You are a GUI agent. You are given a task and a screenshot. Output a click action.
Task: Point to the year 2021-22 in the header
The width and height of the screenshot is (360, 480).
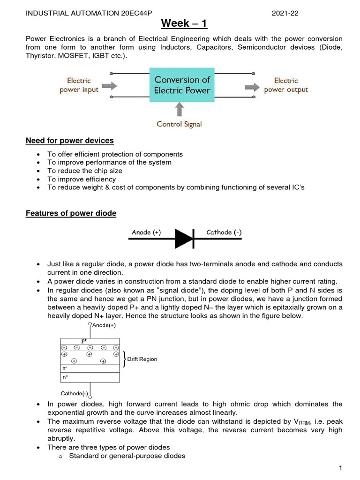point(285,14)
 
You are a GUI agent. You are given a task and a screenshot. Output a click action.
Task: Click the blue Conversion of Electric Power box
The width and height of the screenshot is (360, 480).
point(182,85)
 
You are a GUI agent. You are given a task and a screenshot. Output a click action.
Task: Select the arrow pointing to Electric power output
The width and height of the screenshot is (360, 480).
point(253,86)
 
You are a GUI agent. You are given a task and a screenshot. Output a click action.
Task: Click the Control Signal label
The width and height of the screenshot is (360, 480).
point(179,124)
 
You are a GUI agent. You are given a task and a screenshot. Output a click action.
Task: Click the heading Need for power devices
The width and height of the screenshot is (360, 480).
point(70,141)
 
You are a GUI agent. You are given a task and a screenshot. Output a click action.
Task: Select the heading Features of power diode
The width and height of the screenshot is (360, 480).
point(71,214)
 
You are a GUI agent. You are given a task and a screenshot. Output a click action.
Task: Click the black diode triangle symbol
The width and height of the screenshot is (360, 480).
point(183,239)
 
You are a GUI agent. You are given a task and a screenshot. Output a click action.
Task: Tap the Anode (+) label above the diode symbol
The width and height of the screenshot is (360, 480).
point(146,232)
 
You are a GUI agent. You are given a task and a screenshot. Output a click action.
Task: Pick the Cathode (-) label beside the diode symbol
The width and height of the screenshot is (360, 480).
point(224,232)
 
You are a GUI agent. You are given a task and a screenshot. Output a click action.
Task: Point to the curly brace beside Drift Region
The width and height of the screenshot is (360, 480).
point(125,359)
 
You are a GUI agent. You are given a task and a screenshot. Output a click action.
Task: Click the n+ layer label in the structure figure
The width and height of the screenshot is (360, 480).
point(66,377)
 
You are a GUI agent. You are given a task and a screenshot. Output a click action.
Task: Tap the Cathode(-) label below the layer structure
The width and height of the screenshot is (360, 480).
point(75,393)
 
